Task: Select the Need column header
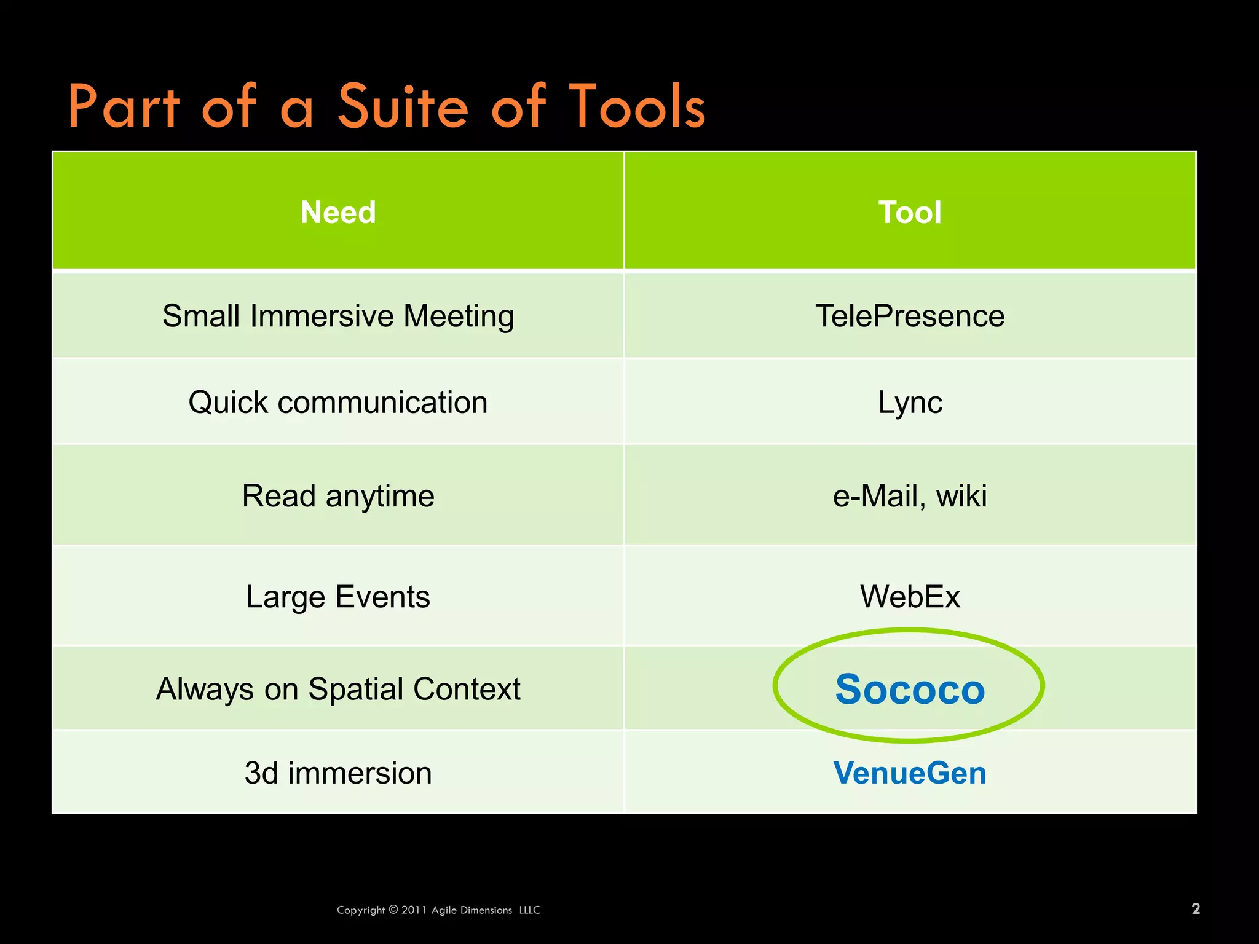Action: (338, 213)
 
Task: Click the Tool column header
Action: (910, 213)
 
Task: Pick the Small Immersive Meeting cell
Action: (338, 317)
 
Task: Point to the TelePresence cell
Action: (910, 317)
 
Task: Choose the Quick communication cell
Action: (338, 403)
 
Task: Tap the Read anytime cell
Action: (338, 496)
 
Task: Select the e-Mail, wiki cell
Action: (910, 496)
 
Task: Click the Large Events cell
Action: (338, 597)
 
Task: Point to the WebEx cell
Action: (910, 597)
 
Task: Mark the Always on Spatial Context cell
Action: (338, 689)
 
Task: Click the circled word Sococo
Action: (910, 689)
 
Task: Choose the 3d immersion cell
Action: (338, 773)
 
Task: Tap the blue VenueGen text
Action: (910, 773)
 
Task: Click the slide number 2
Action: (1196, 909)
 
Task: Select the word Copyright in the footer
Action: (361, 910)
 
